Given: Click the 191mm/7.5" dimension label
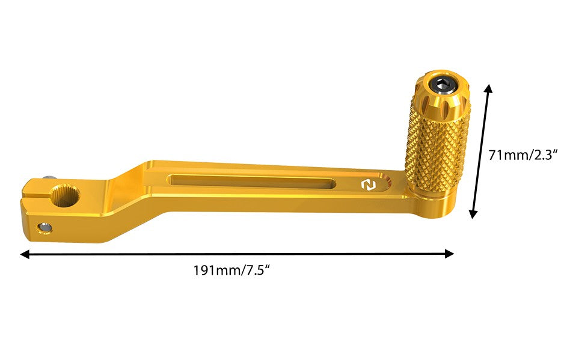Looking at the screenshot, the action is [x=232, y=270].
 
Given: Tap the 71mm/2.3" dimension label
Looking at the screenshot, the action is [x=522, y=155].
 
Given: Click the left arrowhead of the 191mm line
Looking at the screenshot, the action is [x=25, y=254].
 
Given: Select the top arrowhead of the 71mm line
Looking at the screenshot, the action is [x=489, y=88].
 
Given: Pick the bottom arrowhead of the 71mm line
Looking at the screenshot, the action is [x=473, y=213].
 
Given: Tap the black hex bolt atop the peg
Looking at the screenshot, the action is [x=442, y=86].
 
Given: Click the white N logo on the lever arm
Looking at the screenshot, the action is [x=368, y=185].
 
